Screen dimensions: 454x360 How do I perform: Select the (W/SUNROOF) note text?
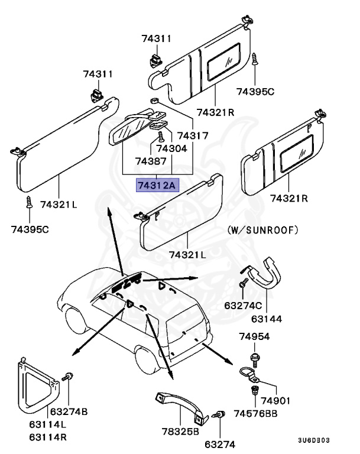(x=262, y=229)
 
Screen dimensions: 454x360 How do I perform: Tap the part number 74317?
(x=193, y=135)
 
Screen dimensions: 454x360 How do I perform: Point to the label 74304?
(x=171, y=148)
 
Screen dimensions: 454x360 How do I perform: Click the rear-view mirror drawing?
(x=130, y=125)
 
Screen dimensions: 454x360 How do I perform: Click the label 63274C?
(x=242, y=306)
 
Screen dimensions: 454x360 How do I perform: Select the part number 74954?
(x=254, y=336)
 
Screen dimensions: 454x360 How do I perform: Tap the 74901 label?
(x=276, y=401)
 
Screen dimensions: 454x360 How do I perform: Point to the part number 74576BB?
(x=262, y=413)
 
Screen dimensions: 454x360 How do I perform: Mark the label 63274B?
(x=69, y=411)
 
